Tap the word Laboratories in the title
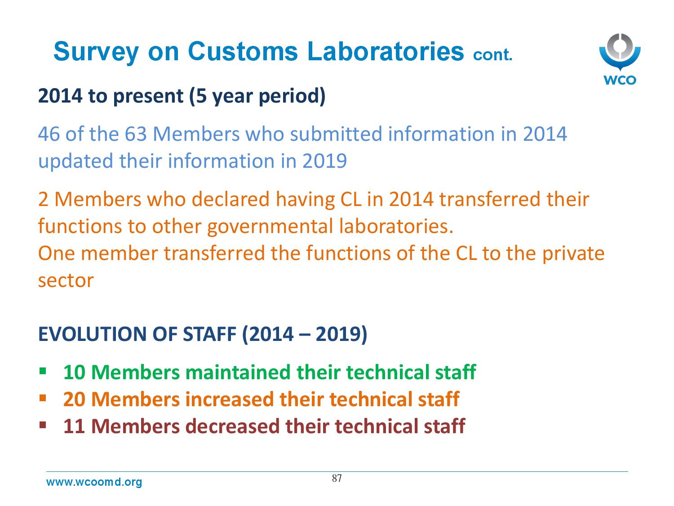click(x=386, y=51)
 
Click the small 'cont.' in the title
click(x=492, y=55)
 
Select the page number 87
click(x=337, y=478)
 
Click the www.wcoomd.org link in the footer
click(x=94, y=482)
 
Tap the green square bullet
click(x=43, y=371)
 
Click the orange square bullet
click(x=43, y=398)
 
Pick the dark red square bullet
click(x=43, y=425)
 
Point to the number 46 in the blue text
click(x=49, y=134)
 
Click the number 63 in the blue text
click(x=136, y=134)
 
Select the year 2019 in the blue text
click(x=324, y=161)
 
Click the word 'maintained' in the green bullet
click(x=237, y=372)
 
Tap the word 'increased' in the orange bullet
click(x=229, y=399)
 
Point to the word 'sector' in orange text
click(x=66, y=281)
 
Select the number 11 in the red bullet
click(x=74, y=426)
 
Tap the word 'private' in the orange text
click(x=573, y=254)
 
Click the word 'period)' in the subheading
click(x=292, y=96)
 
